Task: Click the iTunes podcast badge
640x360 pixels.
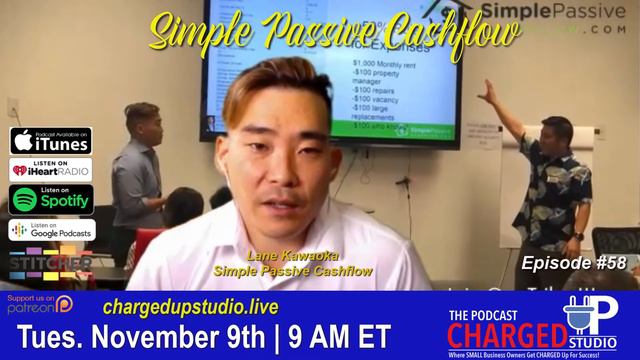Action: [51, 141]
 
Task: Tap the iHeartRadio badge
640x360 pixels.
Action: [51, 170]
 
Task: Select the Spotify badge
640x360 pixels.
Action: [51, 199]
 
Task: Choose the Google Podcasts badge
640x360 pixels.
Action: [51, 229]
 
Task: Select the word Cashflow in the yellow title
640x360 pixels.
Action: [445, 33]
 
